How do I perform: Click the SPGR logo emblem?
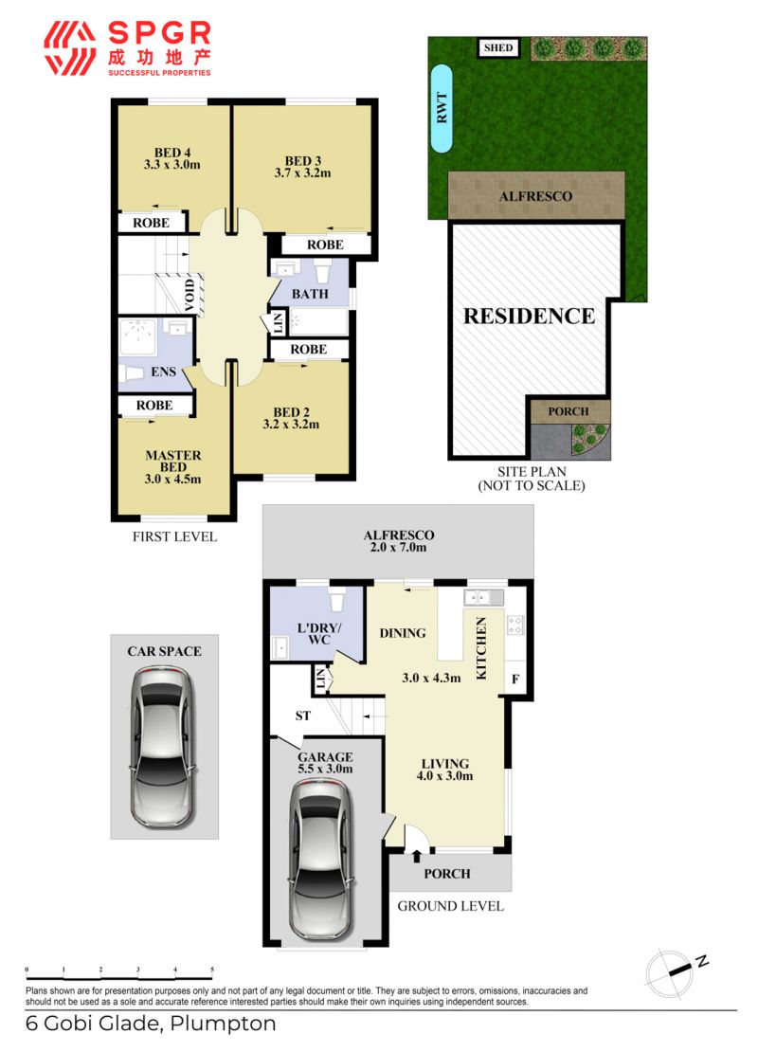pyautogui.click(x=70, y=48)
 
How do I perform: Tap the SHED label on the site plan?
pyautogui.click(x=498, y=47)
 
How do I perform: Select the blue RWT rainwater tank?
pyautogui.click(x=442, y=108)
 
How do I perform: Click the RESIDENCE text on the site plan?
pyautogui.click(x=530, y=316)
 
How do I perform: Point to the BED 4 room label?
pyautogui.click(x=172, y=153)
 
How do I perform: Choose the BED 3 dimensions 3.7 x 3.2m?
pyautogui.click(x=302, y=172)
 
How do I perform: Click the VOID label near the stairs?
pyautogui.click(x=189, y=295)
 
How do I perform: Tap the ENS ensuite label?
pyautogui.click(x=163, y=372)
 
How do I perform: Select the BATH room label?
pyautogui.click(x=310, y=294)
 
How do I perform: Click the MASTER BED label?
pyautogui.click(x=173, y=461)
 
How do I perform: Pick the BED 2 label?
pyautogui.click(x=291, y=412)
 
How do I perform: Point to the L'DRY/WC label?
pyautogui.click(x=319, y=634)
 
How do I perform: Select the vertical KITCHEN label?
pyautogui.click(x=481, y=648)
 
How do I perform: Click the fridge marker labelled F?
pyautogui.click(x=515, y=679)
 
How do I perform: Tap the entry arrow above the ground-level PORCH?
pyautogui.click(x=417, y=856)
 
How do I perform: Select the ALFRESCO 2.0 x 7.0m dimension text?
pyautogui.click(x=399, y=548)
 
